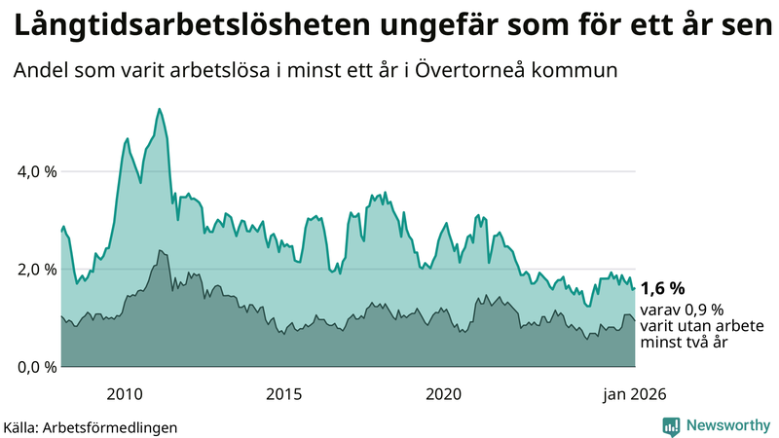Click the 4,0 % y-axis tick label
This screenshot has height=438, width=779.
pyautogui.click(x=36, y=171)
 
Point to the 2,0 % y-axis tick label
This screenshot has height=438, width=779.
pyautogui.click(x=36, y=270)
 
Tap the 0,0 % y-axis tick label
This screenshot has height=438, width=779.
pyautogui.click(x=36, y=367)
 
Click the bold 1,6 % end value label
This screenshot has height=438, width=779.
pyautogui.click(x=663, y=288)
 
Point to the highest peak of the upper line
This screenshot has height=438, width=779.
pyautogui.click(x=159, y=109)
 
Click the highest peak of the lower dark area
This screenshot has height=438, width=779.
pyautogui.click(x=159, y=250)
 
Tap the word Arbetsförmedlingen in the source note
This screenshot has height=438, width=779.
pyautogui.click(x=115, y=426)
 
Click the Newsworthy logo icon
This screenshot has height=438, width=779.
pyautogui.click(x=672, y=425)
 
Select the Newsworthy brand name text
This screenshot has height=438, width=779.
pyautogui.click(x=726, y=425)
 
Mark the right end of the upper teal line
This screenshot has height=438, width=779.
pyautogui.click(x=635, y=288)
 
